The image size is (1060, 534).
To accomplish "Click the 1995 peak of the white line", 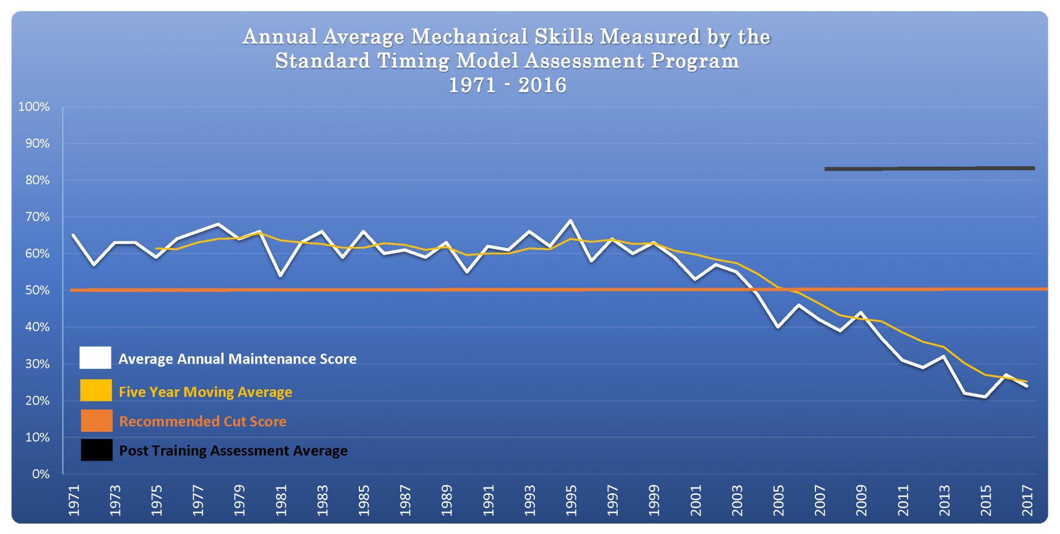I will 570,221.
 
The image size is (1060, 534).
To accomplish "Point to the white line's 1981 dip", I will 280,275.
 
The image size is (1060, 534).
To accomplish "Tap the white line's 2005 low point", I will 778,327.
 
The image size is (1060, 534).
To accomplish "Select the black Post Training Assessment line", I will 929,168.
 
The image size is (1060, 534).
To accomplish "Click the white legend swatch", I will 96,358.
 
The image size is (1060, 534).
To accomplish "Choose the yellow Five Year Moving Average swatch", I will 96,390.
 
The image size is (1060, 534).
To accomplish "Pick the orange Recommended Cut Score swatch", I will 96,421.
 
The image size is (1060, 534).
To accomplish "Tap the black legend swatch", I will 96,450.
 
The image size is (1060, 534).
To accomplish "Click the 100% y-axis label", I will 34,107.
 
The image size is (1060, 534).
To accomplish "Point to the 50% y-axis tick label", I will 37,290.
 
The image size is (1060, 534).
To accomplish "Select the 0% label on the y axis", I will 40,474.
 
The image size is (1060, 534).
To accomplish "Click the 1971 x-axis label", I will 74,500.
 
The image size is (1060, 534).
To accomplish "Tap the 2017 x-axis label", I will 1027,500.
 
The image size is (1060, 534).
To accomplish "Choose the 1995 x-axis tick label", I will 571,500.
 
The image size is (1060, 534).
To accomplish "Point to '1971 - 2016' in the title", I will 507,85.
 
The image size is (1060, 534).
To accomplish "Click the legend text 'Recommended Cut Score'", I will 203,421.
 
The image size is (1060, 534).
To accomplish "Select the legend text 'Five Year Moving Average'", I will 205,392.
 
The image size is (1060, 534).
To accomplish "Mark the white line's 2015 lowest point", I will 985,396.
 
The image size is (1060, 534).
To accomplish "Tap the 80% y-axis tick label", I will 37,180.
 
